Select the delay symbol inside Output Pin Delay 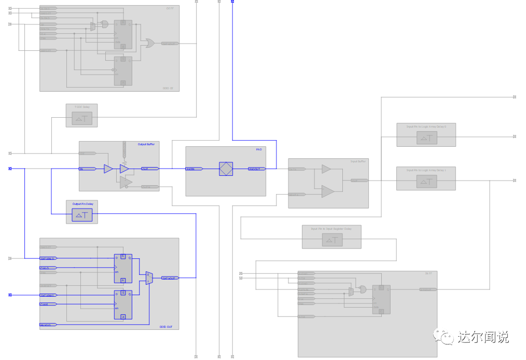pyautogui.click(x=81, y=215)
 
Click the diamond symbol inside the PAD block pyautogui.click(x=226, y=169)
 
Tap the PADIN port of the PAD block pyautogui.click(x=194, y=169)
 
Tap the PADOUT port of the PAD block pyautogui.click(x=256, y=169)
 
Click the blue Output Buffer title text pyautogui.click(x=146, y=144)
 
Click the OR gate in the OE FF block pyautogui.click(x=150, y=44)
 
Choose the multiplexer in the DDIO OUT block pyautogui.click(x=149, y=278)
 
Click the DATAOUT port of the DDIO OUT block pyautogui.click(x=170, y=278)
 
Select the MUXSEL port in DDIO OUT pyautogui.click(x=48, y=325)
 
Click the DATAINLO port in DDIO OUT pyautogui.click(x=48, y=258)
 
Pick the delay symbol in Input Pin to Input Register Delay pyautogui.click(x=332, y=240)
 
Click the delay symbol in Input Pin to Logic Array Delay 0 pyautogui.click(x=426, y=137)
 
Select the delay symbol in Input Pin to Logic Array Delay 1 pyautogui.click(x=426, y=181)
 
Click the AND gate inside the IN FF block pyautogui.click(x=362, y=289)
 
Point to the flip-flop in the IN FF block pyautogui.click(x=381, y=299)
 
